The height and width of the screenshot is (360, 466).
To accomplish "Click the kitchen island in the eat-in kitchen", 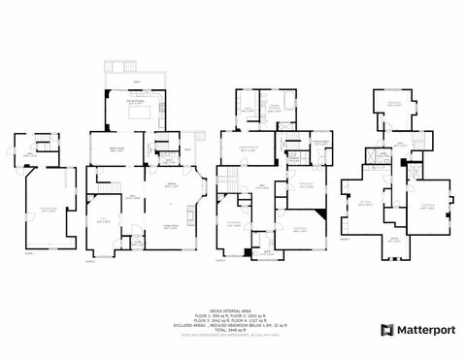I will pos(128,112).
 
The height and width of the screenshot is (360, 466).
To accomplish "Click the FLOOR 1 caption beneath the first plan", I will pos(29,253).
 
